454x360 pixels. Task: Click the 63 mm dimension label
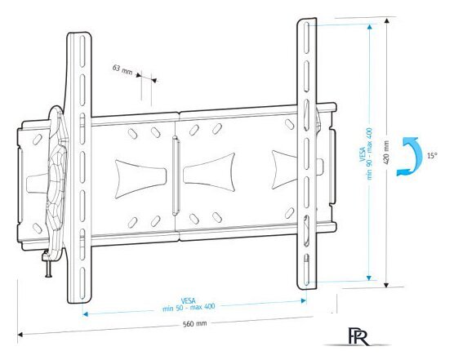[122, 70]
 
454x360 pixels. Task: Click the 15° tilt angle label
[430, 155]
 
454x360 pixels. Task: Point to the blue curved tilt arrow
[405, 157]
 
